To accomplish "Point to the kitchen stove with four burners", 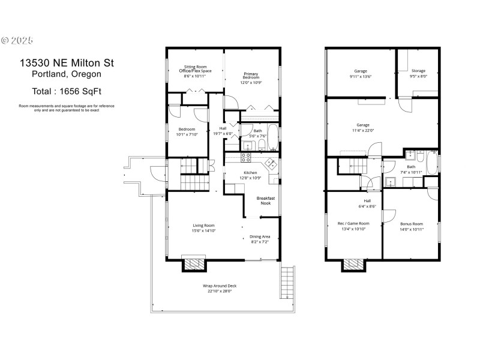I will (246, 157).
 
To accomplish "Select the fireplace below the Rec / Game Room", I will (352, 264).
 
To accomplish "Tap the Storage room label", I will (418, 71).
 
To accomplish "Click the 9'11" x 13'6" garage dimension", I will (361, 76).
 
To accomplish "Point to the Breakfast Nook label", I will (265, 200).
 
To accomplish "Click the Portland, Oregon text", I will (65, 74).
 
